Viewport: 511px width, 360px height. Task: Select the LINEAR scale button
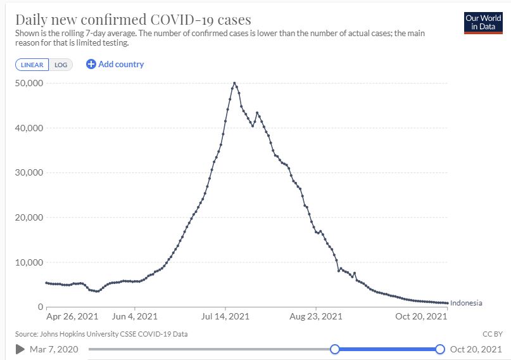point(32,65)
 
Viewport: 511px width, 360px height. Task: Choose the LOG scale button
point(60,65)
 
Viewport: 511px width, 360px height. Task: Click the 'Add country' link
point(115,64)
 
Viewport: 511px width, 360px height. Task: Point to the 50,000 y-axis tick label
point(28,83)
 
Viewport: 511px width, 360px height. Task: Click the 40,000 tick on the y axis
point(28,128)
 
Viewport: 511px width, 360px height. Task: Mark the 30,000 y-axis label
point(28,172)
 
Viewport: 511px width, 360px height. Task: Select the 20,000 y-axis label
point(28,217)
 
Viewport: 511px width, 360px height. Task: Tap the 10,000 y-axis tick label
point(28,262)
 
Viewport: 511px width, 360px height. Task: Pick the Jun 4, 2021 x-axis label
point(134,316)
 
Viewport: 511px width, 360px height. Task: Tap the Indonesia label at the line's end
point(466,303)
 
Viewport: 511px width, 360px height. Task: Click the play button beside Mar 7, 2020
point(20,349)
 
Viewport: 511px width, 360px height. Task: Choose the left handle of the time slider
point(335,349)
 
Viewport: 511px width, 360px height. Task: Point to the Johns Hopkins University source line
point(101,333)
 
